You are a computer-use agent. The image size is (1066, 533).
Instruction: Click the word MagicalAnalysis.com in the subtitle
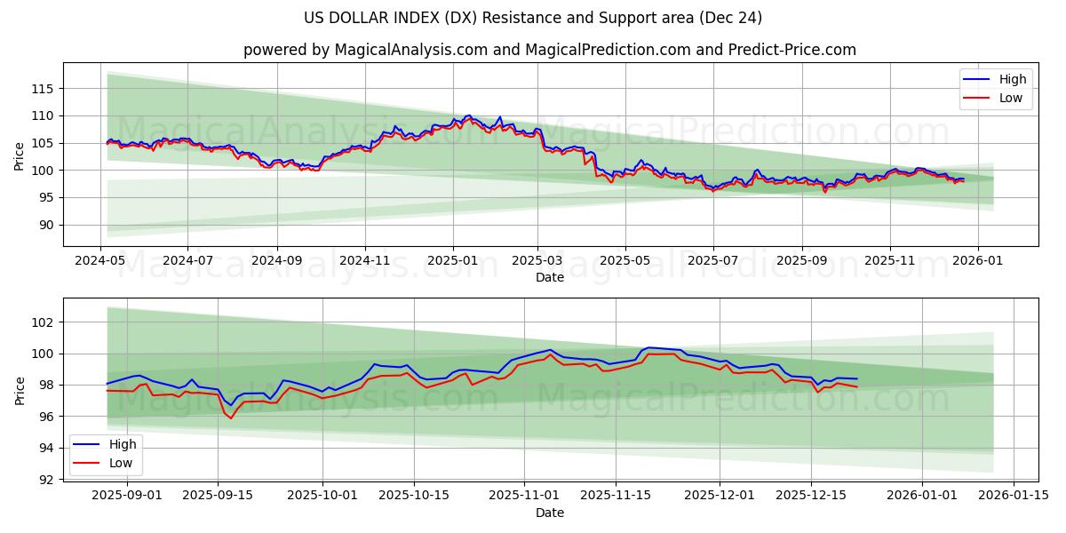pyautogui.click(x=410, y=50)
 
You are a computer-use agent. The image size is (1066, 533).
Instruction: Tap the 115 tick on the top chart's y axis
pyautogui.click(x=44, y=89)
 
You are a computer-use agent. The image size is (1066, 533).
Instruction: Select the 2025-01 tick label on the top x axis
pyautogui.click(x=453, y=261)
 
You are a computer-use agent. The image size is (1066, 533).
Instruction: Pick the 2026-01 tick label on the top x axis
pyautogui.click(x=978, y=261)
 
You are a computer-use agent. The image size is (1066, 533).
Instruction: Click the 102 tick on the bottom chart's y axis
pyautogui.click(x=44, y=322)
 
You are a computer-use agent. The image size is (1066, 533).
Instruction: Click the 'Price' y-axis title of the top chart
pyautogui.click(x=20, y=155)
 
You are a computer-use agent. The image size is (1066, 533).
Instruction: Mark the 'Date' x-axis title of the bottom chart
pyautogui.click(x=550, y=513)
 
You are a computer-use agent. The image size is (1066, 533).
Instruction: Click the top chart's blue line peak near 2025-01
pyautogui.click(x=469, y=115)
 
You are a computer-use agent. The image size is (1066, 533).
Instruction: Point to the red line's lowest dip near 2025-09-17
pyautogui.click(x=231, y=418)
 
